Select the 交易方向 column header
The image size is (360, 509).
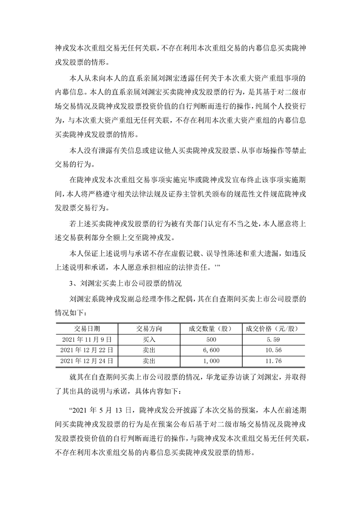tap(149, 328)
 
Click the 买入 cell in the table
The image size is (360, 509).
tap(149, 339)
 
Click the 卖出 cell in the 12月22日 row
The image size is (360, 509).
tap(149, 350)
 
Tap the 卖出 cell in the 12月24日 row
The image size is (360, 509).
tap(149, 361)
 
